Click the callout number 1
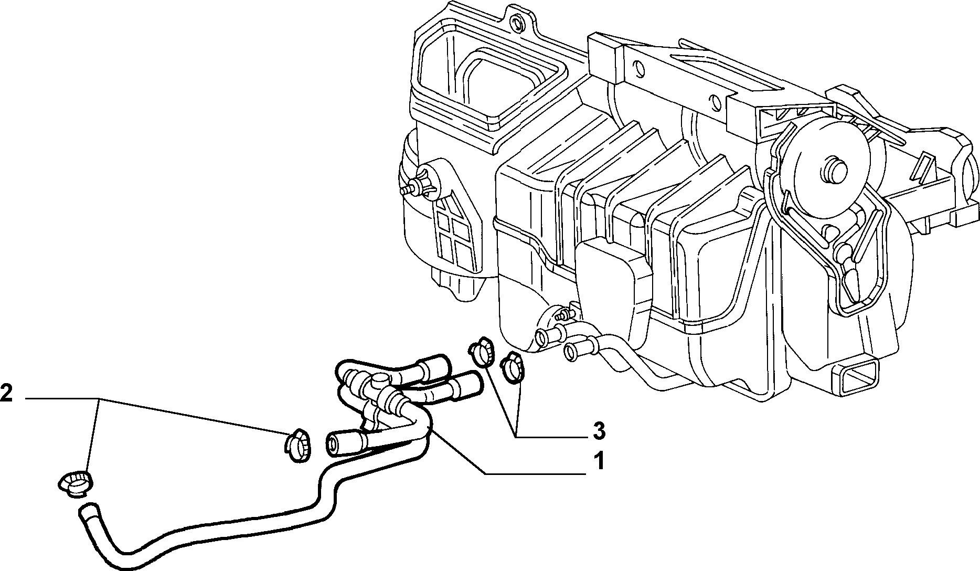tap(599, 462)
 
